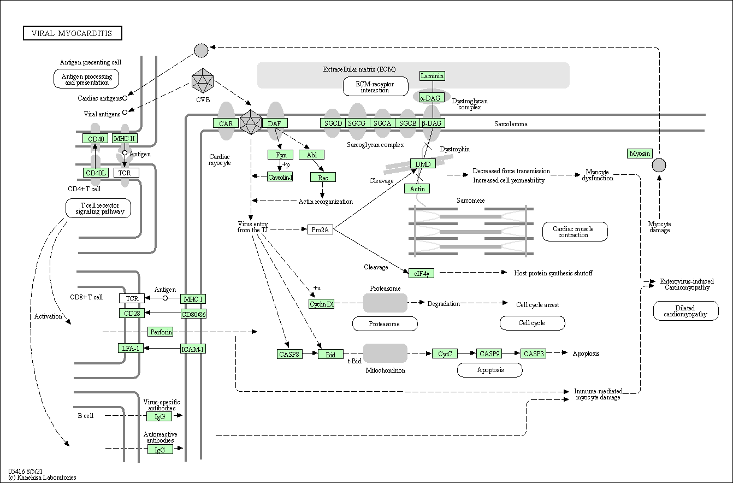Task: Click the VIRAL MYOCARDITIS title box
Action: pyautogui.click(x=72, y=33)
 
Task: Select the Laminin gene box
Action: pyautogui.click(x=432, y=76)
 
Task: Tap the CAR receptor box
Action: pyautogui.click(x=226, y=123)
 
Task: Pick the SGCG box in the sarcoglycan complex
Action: pyautogui.click(x=357, y=123)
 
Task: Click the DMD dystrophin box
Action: pyautogui.click(x=423, y=164)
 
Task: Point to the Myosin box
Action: pyautogui.click(x=640, y=154)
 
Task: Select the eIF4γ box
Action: pyautogui.click(x=421, y=273)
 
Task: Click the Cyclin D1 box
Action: pyautogui.click(x=321, y=304)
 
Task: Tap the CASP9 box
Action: pyautogui.click(x=489, y=354)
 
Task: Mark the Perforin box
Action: pyautogui.click(x=161, y=332)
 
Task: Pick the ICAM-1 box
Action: pyautogui.click(x=193, y=349)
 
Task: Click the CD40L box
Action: pyautogui.click(x=96, y=173)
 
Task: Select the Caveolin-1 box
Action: pyautogui.click(x=280, y=176)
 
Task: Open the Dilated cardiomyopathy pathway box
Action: pyautogui.click(x=685, y=311)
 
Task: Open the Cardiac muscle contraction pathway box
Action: pyautogui.click(x=575, y=232)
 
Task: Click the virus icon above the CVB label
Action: pyautogui.click(x=203, y=81)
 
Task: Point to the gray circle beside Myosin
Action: pyautogui.click(x=659, y=164)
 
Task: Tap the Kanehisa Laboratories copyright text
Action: pyautogui.click(x=42, y=478)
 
